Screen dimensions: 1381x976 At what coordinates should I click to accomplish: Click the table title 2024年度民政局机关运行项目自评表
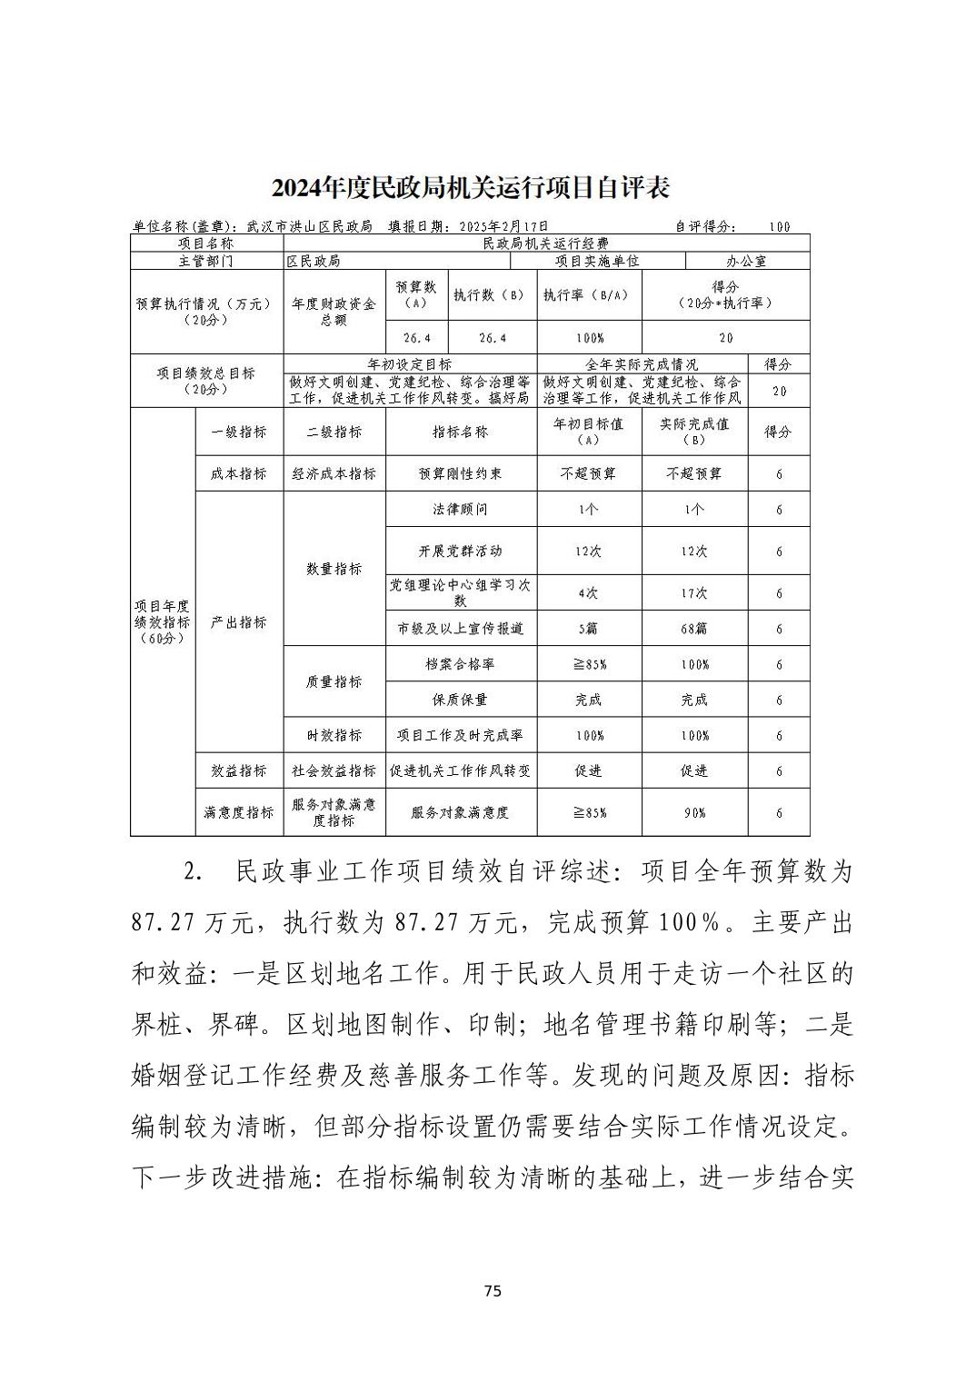pos(471,188)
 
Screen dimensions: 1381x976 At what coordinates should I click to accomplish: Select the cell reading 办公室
pos(746,261)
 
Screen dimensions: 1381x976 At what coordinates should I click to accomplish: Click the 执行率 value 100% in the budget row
pos(589,338)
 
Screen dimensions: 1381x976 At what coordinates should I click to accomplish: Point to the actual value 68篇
pos(694,629)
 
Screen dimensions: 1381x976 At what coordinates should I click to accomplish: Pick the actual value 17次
pos(694,593)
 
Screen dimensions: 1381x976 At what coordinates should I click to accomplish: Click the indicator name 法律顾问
pos(460,510)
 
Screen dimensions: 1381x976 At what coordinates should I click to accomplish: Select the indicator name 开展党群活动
pos(460,551)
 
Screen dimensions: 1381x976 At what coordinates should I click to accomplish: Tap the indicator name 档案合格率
pos(460,664)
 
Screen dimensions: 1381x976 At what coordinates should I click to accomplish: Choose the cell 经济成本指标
pos(334,474)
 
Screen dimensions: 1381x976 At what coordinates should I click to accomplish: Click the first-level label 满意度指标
pos(239,812)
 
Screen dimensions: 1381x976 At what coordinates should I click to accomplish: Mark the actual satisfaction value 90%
pos(694,813)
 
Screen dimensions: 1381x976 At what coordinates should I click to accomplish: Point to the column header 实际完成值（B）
pos(694,432)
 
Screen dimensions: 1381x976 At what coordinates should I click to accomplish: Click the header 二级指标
pos(334,432)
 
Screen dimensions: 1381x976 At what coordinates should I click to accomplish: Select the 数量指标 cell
pos(334,570)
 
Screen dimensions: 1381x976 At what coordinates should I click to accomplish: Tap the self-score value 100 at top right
pos(779,227)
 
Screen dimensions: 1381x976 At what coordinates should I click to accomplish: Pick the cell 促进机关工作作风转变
pos(460,771)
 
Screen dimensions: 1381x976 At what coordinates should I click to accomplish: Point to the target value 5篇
pos(589,629)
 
